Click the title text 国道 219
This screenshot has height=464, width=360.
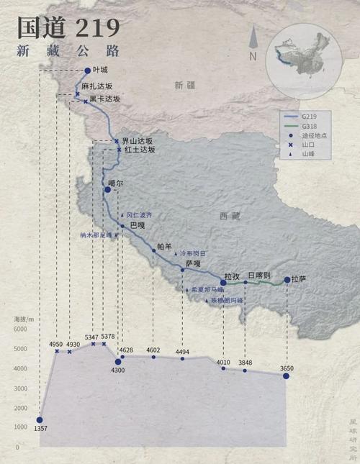[68, 28]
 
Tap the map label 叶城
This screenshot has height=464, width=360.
[99, 70]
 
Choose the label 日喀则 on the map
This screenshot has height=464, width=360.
[258, 276]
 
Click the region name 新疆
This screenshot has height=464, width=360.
[184, 86]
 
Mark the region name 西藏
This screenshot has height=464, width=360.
[230, 216]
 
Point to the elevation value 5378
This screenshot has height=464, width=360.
[108, 337]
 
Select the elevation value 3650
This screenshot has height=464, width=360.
[287, 368]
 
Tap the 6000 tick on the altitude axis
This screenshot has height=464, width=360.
[20, 329]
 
